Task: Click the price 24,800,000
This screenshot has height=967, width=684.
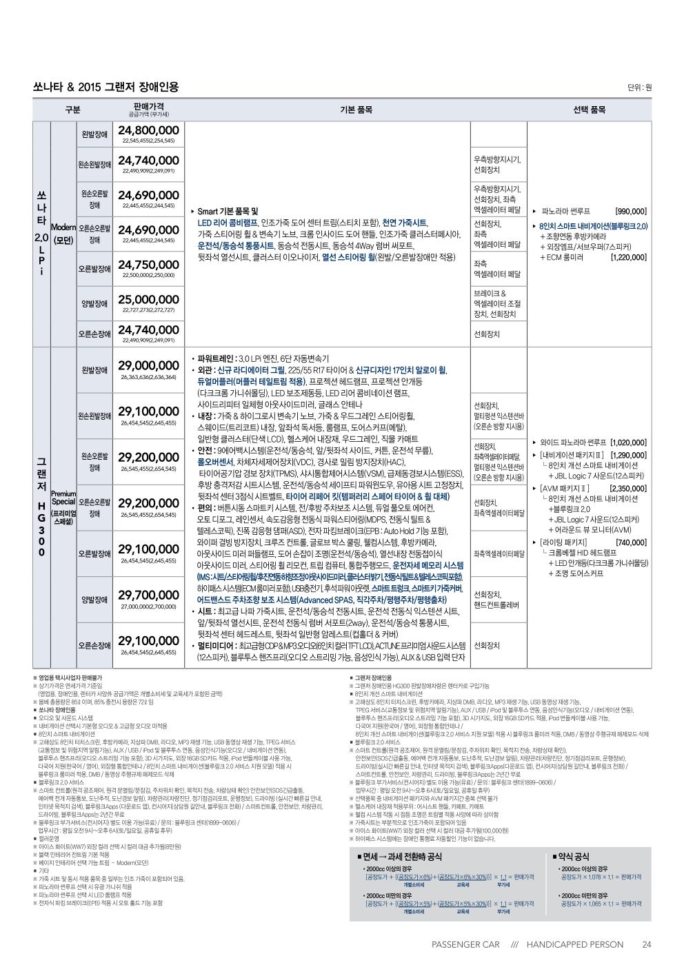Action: click(x=148, y=130)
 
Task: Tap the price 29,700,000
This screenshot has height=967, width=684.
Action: click(x=148, y=594)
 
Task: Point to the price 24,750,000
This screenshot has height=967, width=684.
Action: click(x=148, y=264)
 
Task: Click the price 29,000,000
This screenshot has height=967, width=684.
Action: click(x=148, y=365)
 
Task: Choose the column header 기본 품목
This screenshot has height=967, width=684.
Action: click(x=356, y=110)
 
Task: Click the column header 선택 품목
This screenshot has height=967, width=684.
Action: click(x=589, y=110)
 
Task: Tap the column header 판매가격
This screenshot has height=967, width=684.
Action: click(x=148, y=106)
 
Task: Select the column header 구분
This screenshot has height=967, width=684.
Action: click(x=72, y=110)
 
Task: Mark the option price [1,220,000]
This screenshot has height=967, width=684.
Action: click(x=628, y=257)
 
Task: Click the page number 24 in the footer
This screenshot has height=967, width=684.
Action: click(x=646, y=944)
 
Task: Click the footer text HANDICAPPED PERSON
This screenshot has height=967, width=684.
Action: click(x=574, y=944)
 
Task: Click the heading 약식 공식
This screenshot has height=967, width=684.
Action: click(x=572, y=856)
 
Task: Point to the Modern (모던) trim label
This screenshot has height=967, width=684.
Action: click(x=63, y=234)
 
